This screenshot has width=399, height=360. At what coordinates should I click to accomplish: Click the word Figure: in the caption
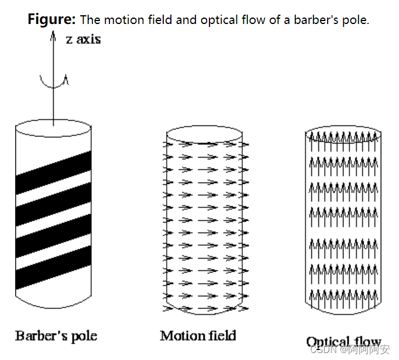point(51,19)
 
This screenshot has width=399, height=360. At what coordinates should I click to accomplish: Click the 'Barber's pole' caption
point(56,335)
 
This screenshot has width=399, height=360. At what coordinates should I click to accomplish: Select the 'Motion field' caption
point(198,335)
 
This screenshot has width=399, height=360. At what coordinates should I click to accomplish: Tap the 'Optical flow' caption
point(343,341)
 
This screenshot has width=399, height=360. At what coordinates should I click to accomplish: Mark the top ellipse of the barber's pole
point(54,129)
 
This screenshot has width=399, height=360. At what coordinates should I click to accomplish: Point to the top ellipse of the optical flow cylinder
point(343,135)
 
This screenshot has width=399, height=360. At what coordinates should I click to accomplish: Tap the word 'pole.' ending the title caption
point(357,20)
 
